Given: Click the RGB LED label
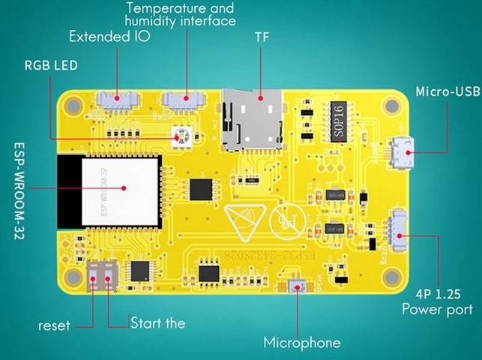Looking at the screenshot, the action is (x=51, y=64).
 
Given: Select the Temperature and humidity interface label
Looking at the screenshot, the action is (x=181, y=14).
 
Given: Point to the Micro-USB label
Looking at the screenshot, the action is (x=447, y=91).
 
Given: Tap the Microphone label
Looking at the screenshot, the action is (x=301, y=343).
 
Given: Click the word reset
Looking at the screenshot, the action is (x=54, y=326).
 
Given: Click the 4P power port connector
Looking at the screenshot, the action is (x=397, y=233).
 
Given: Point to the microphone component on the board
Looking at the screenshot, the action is (x=298, y=286).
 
